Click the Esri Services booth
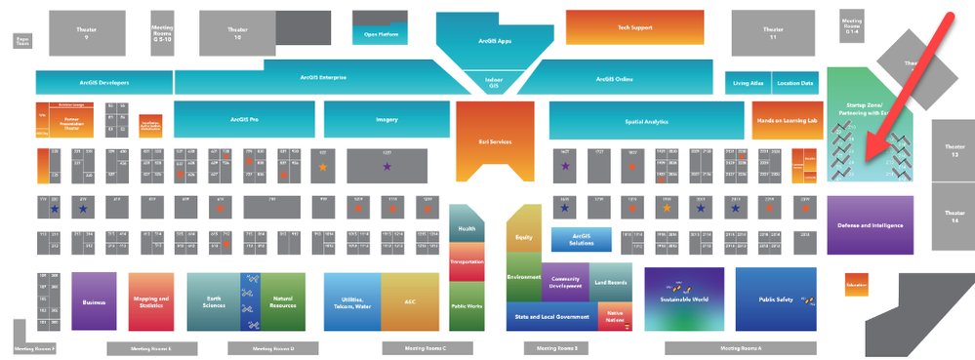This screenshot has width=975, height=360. [495, 141]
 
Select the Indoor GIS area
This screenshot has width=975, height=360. [494, 84]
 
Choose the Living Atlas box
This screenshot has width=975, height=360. [748, 83]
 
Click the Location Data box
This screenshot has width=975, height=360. [795, 83]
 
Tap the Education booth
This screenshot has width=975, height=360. [856, 284]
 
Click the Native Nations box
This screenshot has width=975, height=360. [615, 316]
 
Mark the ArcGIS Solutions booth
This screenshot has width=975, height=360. [582, 240]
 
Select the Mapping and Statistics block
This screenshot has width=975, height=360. [149, 300]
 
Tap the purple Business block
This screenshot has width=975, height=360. [94, 300]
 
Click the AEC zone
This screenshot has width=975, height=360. [410, 301]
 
